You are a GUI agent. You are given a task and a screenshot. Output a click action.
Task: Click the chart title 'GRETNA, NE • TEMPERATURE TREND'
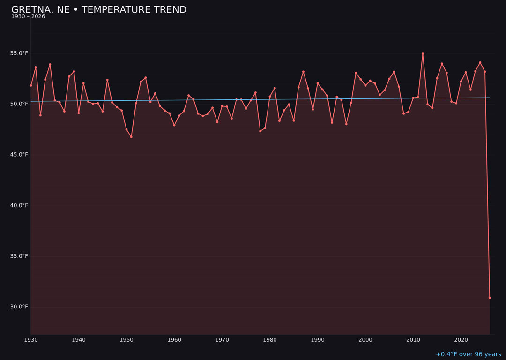click(99, 10)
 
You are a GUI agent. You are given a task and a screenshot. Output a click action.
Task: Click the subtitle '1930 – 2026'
click(28, 17)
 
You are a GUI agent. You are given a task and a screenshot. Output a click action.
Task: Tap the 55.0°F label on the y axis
click(20, 53)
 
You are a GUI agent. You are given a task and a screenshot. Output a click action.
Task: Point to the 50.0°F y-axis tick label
click(20, 104)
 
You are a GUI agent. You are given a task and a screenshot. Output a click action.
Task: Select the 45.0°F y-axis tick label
click(20, 155)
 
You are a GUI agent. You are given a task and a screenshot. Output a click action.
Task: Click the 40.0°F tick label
click(20, 205)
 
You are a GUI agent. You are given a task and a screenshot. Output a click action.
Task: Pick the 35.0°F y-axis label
click(20, 256)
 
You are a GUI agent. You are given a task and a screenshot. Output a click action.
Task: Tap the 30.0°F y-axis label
click(20, 307)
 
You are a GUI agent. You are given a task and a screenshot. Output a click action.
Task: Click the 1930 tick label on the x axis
click(31, 340)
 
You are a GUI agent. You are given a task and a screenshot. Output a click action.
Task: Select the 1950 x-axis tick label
click(126, 340)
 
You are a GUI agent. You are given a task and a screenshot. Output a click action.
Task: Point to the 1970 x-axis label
click(222, 340)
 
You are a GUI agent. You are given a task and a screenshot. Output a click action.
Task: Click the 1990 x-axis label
click(318, 340)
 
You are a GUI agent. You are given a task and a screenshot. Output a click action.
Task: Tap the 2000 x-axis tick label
click(365, 340)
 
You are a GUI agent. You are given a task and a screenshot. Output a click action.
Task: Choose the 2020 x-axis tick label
click(461, 340)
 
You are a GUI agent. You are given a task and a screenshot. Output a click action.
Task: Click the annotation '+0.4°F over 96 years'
click(468, 354)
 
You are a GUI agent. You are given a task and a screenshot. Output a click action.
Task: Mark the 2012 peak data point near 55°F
click(423, 54)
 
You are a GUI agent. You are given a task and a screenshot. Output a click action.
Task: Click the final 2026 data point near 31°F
click(490, 298)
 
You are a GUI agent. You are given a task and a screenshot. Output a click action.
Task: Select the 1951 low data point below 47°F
click(131, 137)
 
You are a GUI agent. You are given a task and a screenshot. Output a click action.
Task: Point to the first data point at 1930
click(31, 85)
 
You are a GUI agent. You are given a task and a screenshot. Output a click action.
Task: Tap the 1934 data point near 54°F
click(50, 65)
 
